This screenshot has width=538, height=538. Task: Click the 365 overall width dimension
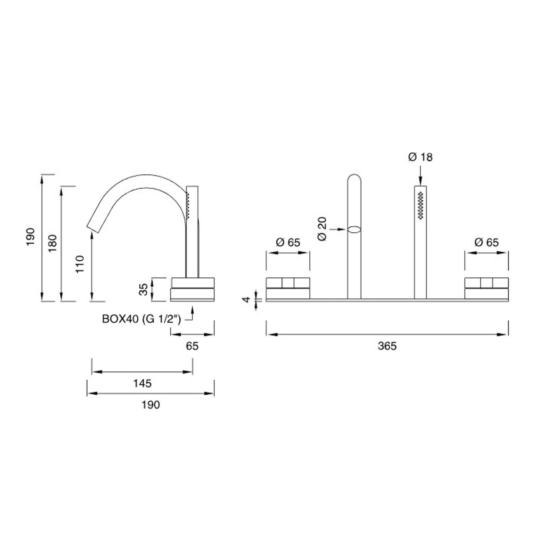[x=387, y=346]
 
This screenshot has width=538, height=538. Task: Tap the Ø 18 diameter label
[x=420, y=157]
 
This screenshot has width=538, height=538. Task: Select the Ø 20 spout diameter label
[x=322, y=229]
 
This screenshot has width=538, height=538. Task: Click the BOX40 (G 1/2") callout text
[x=142, y=319]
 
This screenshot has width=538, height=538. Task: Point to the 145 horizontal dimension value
[x=143, y=383]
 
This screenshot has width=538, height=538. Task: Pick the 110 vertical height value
[x=80, y=264]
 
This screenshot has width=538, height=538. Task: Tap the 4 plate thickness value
[x=246, y=299]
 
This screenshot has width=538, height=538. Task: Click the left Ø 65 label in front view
[x=288, y=242]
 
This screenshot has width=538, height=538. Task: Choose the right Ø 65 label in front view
[x=487, y=242]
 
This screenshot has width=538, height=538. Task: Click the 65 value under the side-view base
[x=192, y=346]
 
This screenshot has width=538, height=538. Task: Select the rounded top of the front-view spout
[x=354, y=178]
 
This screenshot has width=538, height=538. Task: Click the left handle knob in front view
[x=288, y=288]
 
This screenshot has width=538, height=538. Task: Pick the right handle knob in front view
[x=487, y=288]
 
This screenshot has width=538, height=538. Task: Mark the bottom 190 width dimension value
[x=151, y=405]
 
